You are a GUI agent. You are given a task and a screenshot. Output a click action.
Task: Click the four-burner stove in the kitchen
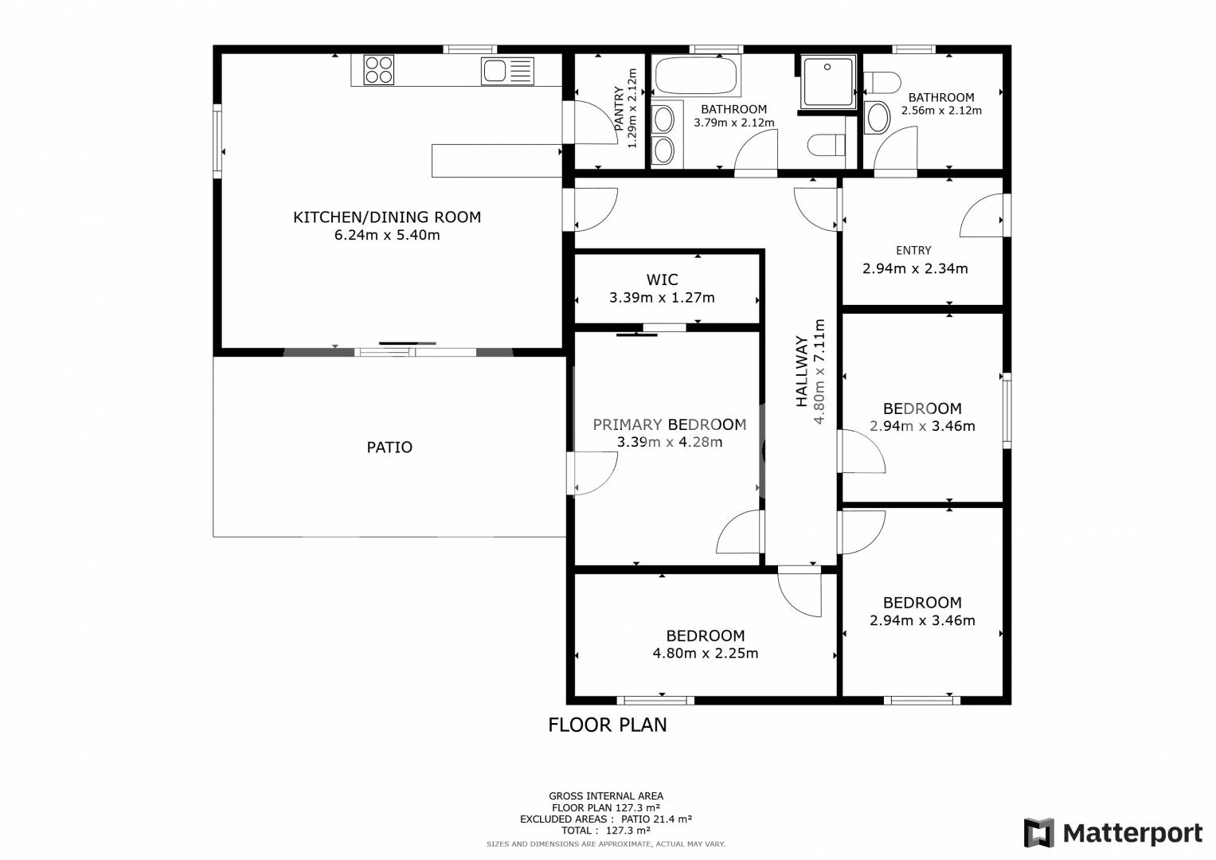[379, 70]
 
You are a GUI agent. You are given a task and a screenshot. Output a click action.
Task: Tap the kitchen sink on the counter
[507, 71]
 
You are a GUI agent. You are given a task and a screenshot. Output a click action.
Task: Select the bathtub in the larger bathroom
[695, 76]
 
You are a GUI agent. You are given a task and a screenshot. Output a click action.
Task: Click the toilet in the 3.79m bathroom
[827, 145]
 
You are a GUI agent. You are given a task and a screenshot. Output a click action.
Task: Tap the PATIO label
[389, 448]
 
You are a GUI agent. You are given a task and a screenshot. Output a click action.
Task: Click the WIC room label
[662, 279]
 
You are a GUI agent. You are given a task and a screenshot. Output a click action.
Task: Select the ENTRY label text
[913, 250]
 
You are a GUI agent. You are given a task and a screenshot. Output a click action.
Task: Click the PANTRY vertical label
[618, 108]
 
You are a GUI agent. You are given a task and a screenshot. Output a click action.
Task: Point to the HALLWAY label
[801, 371]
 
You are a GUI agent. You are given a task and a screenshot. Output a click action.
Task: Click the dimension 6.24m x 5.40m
[387, 235]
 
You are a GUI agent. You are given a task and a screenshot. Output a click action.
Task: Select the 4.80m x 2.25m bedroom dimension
[706, 653]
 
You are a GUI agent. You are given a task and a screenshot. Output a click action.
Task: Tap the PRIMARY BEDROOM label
[670, 424]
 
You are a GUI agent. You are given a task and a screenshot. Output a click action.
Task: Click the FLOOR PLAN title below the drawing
[608, 725]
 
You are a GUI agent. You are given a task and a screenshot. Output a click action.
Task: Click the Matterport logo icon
[1039, 832]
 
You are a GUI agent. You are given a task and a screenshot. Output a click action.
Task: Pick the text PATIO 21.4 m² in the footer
[656, 819]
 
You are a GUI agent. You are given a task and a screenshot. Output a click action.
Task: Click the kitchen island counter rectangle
[497, 161]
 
